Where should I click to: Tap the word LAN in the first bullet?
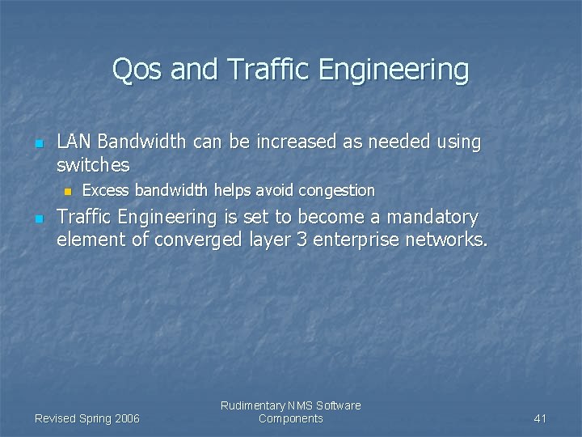pyautogui.click(x=74, y=142)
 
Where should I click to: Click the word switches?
pyautogui.click(x=93, y=165)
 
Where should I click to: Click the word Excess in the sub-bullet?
pyautogui.click(x=107, y=191)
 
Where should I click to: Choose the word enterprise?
pyautogui.click(x=356, y=240)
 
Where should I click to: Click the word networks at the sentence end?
pyautogui.click(x=444, y=240)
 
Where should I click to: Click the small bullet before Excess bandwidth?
pyautogui.click(x=68, y=192)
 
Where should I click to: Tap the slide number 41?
pyautogui.click(x=541, y=418)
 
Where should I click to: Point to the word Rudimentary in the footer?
pyautogui.click(x=253, y=405)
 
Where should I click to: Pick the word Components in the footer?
pyautogui.click(x=291, y=418)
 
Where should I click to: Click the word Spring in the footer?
pyautogui.click(x=93, y=418)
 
